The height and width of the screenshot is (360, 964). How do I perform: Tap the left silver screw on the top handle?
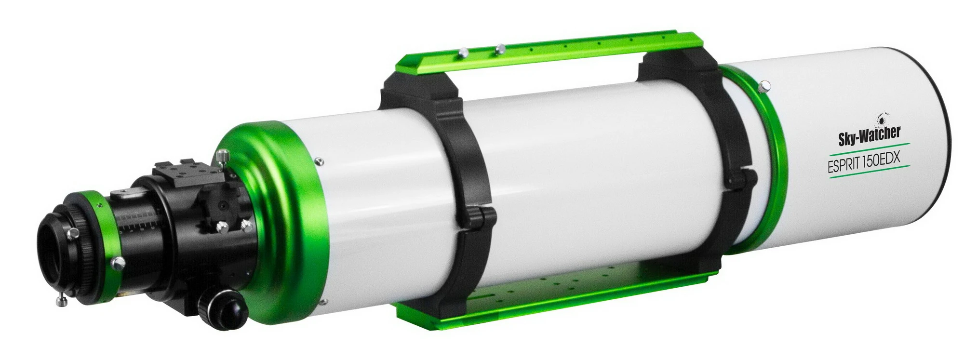click(x=464, y=53)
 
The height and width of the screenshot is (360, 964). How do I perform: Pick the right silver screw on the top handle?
click(x=500, y=48)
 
